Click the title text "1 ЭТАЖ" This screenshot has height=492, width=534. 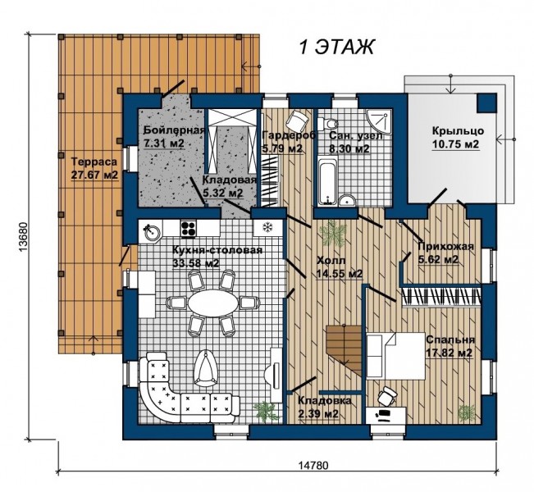pos(336,47)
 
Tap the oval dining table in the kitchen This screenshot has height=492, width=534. pos(213,303)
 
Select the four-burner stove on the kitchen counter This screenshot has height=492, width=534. pos(189,229)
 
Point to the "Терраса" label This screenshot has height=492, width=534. pos(94,162)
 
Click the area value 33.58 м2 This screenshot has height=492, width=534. pos(196,263)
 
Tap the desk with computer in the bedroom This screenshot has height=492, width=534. pos(386,415)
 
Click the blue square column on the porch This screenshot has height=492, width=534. pos(486,102)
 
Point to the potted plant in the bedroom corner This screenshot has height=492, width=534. pos(467,412)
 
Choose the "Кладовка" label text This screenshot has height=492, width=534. pos(325,401)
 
